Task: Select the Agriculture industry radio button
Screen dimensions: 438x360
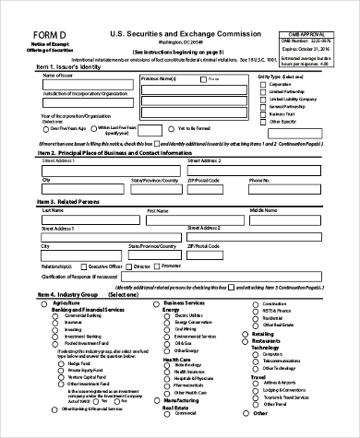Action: pos(47,302)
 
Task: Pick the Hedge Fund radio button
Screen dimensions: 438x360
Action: pos(62,364)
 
